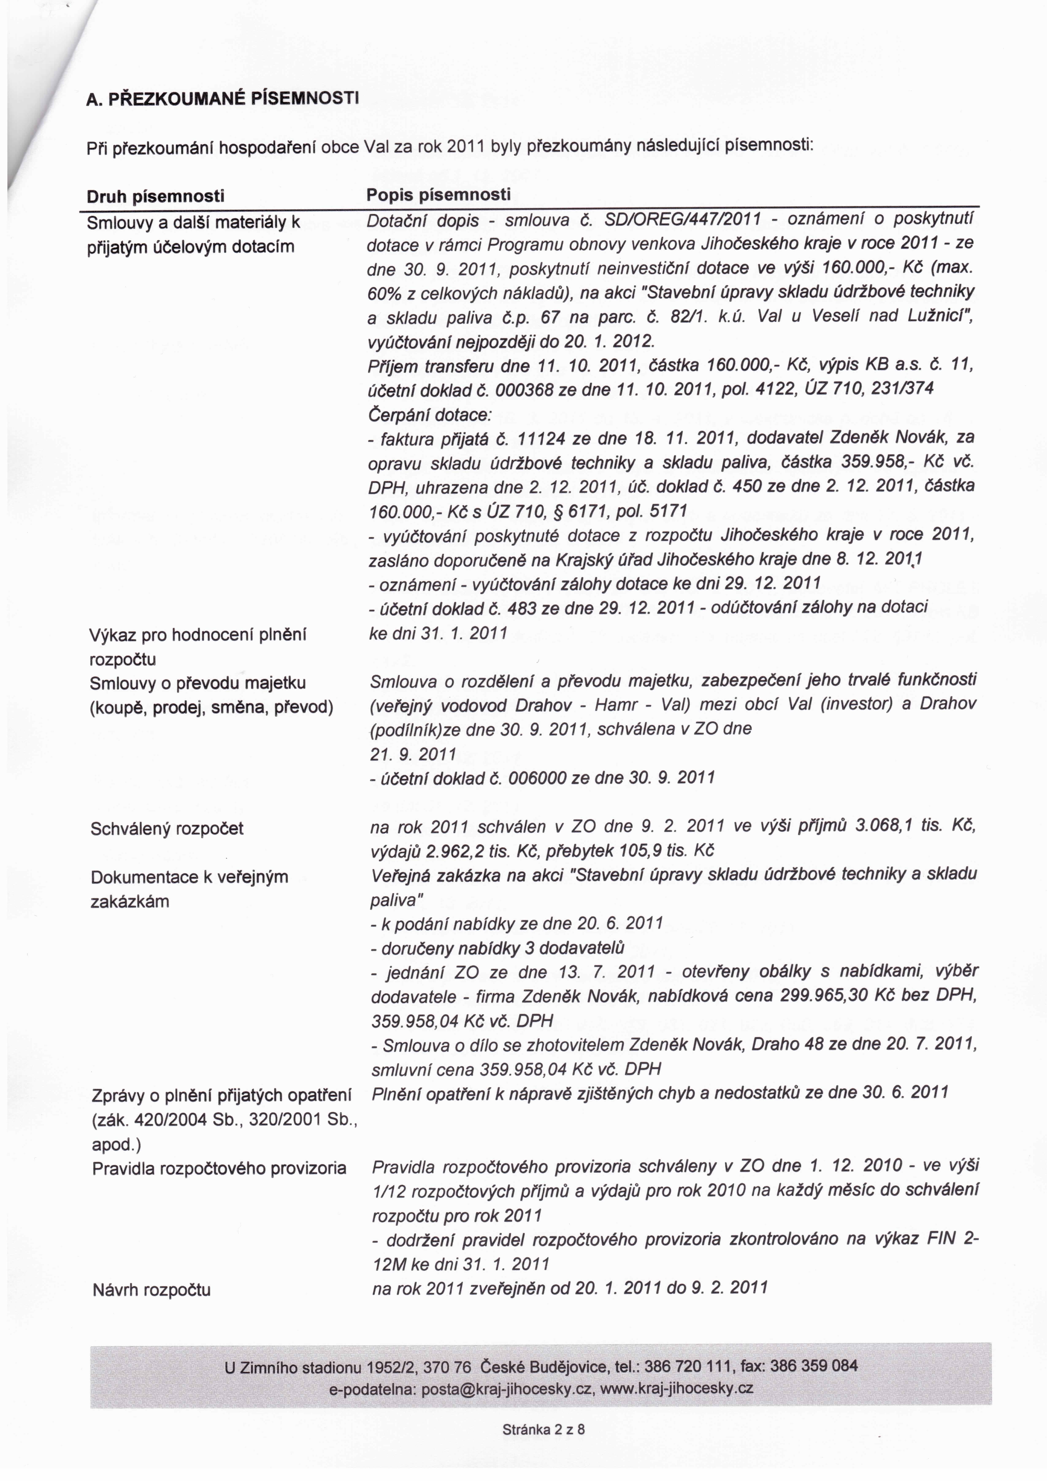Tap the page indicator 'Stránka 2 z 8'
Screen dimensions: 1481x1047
click(x=543, y=1447)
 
